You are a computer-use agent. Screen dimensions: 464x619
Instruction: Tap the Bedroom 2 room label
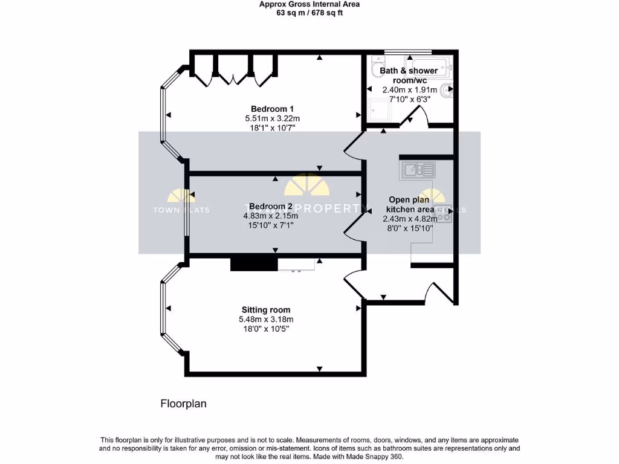(x=271, y=206)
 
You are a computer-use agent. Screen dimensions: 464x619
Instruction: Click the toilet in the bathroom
(x=377, y=64)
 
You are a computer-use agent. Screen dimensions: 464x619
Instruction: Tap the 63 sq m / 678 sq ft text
(x=309, y=13)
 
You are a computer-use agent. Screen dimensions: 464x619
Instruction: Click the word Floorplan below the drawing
(x=183, y=404)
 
